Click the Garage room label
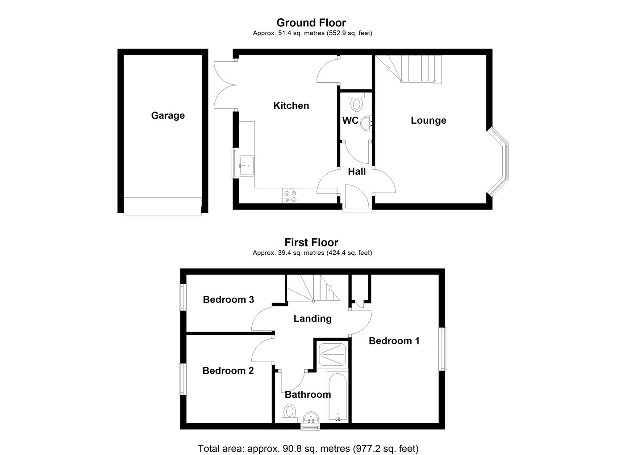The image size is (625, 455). point(168,115)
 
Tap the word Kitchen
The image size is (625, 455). point(291,105)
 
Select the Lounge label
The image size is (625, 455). point(428,120)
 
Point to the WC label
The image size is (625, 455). point(350,120)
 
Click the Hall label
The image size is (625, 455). point(357,171)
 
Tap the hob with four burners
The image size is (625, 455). point(290,195)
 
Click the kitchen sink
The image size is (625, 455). point(247,166)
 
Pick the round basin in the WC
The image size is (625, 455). point(367,123)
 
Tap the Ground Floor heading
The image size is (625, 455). point(311,23)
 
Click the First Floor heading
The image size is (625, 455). point(311,242)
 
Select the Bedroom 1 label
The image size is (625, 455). point(394,341)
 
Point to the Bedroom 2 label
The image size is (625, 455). point(228,371)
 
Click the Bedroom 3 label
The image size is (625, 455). point(228,299)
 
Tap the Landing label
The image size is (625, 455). point(312,318)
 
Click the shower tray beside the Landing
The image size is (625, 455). point(332,354)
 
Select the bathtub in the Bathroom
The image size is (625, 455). point(337,397)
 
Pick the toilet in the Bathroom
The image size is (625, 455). point(290,413)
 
